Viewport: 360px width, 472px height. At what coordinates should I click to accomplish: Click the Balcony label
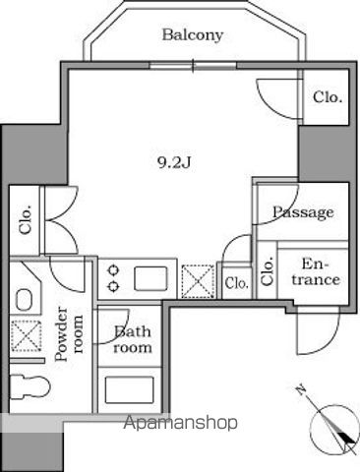click(x=192, y=35)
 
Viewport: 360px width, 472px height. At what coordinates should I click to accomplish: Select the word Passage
click(x=302, y=212)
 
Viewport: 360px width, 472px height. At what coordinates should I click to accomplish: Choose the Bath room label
click(x=132, y=339)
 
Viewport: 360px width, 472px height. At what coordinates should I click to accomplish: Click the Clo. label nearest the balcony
click(x=327, y=97)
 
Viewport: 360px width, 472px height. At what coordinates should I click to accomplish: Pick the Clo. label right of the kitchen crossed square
click(x=236, y=283)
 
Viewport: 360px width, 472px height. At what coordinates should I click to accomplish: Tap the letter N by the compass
click(x=301, y=391)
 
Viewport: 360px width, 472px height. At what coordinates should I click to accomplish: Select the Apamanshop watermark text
click(x=181, y=424)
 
